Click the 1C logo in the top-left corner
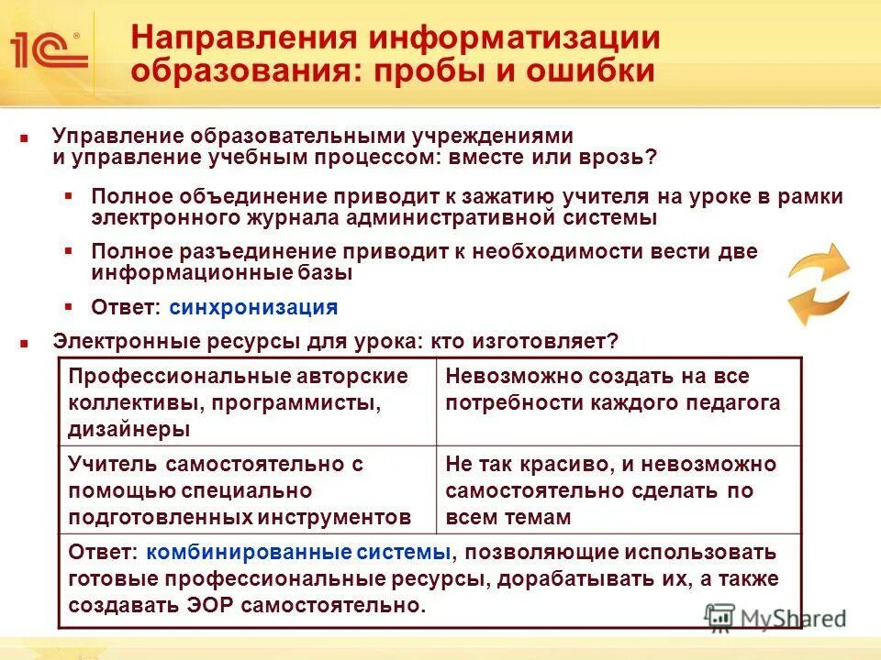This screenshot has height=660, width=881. [48, 49]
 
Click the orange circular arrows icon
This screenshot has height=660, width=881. [819, 285]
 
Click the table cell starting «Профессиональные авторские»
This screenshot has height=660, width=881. [247, 401]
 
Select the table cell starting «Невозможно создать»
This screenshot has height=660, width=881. [619, 401]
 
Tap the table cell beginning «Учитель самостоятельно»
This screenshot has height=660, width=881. [247, 489]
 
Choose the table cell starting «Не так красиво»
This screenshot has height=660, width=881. [619, 489]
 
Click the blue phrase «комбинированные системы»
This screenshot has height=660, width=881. [297, 553]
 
